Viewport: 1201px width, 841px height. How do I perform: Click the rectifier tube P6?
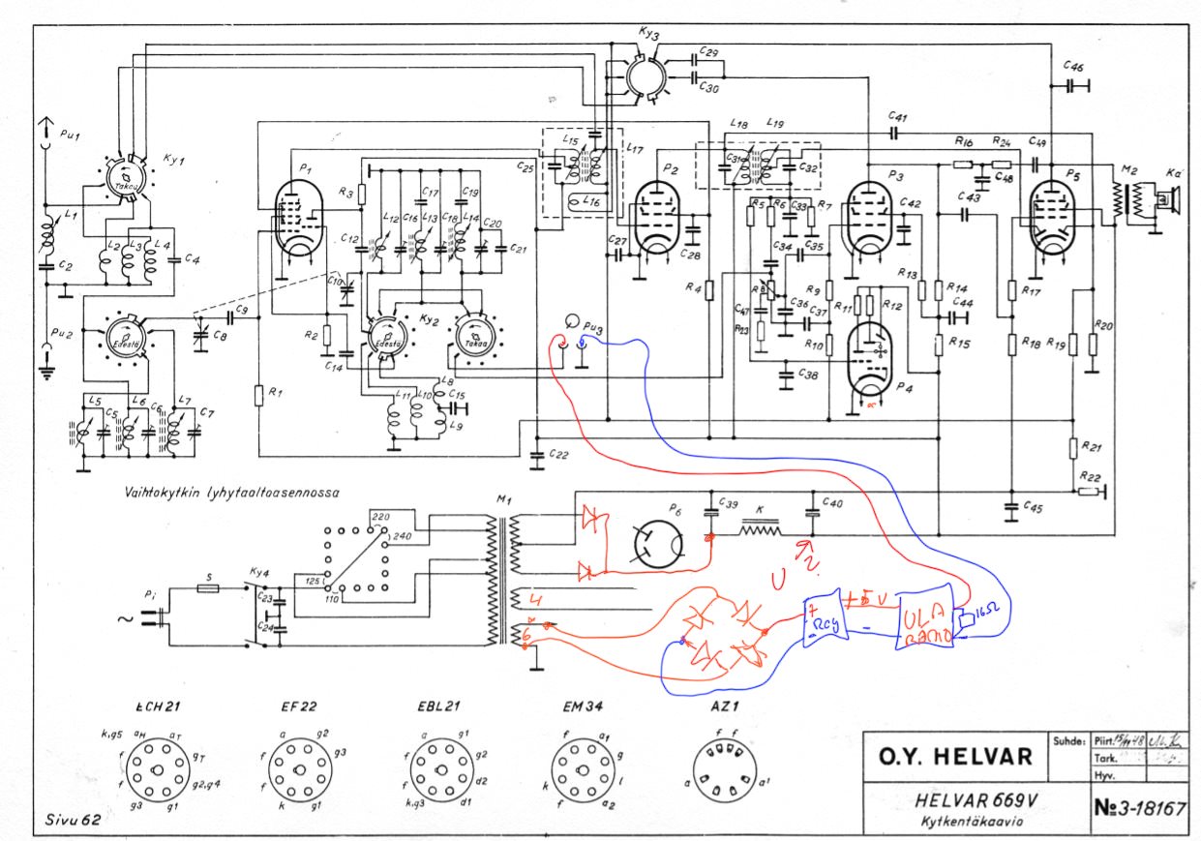661,545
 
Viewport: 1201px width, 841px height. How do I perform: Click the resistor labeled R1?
259,395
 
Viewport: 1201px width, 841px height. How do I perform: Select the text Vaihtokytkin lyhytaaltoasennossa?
230,491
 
